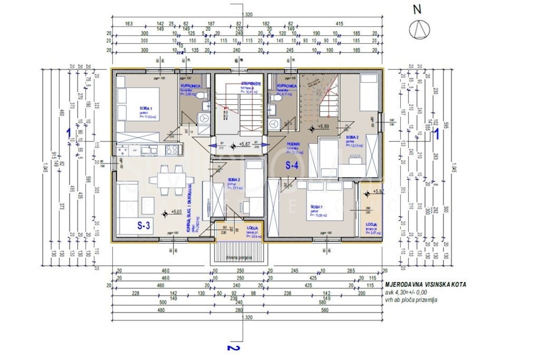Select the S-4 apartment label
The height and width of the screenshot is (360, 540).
tap(292, 165)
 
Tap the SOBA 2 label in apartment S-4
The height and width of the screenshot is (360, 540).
tap(352, 137)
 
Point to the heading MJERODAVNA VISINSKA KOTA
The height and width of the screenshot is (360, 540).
tap(425, 285)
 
